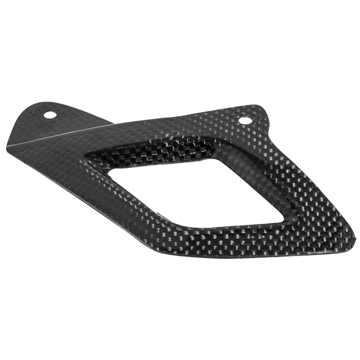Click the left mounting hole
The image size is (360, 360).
pyautogui.click(x=50, y=115)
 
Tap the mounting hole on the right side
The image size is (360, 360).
pyautogui.click(x=245, y=121)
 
